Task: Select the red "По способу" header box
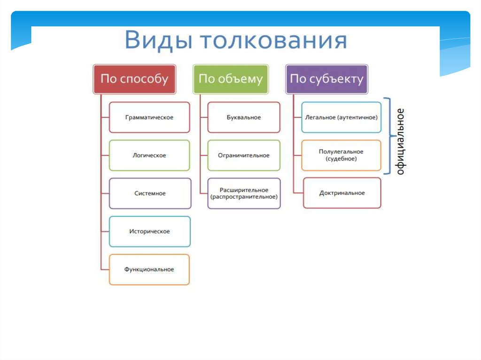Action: (x=134, y=79)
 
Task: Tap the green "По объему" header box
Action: (x=230, y=79)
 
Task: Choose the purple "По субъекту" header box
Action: (x=326, y=79)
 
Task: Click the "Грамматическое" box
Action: (x=149, y=117)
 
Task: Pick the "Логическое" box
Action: (x=149, y=155)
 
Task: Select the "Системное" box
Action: (x=150, y=193)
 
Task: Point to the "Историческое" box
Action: (x=149, y=231)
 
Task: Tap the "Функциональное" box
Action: (x=149, y=269)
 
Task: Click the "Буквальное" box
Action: (x=243, y=117)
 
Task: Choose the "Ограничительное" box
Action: (x=243, y=155)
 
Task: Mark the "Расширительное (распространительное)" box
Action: (x=244, y=193)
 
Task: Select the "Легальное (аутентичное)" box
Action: (x=341, y=117)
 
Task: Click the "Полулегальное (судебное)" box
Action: (x=341, y=155)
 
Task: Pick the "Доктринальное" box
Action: (x=342, y=193)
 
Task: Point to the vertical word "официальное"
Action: (x=400, y=141)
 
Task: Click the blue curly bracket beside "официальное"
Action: (x=389, y=136)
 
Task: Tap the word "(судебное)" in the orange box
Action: (x=341, y=159)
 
